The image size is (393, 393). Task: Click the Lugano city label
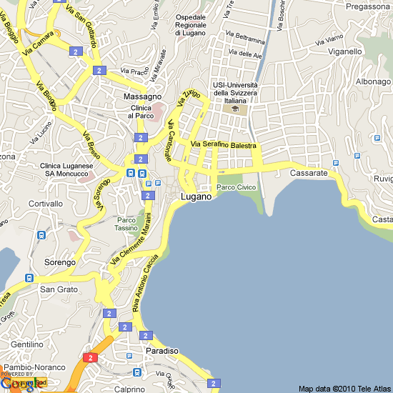pyautogui.click(x=196, y=196)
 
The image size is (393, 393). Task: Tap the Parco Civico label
pyautogui.click(x=236, y=187)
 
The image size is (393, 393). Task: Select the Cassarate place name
pyautogui.click(x=309, y=174)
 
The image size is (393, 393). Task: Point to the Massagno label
pyautogui.click(x=142, y=96)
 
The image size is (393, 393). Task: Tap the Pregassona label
pyautogui.click(x=366, y=6)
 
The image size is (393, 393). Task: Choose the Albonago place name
pyautogui.click(x=373, y=81)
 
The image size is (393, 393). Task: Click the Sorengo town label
pyautogui.click(x=60, y=262)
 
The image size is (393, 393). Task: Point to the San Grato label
pyautogui.click(x=58, y=289)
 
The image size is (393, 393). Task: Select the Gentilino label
pyautogui.click(x=26, y=344)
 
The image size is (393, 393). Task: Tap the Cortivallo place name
pyautogui.click(x=46, y=204)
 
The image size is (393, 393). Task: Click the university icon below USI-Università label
pyautogui.click(x=235, y=109)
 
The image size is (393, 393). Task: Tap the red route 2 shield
pyautogui.click(x=90, y=357)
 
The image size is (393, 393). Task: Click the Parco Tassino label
pyautogui.click(x=126, y=224)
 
